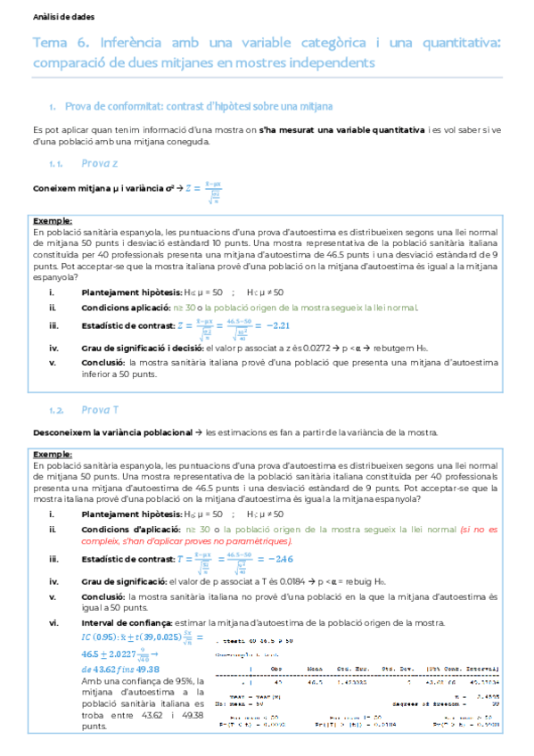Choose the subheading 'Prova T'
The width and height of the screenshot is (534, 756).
tap(100, 410)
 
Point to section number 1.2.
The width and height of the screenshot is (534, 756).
tap(58, 410)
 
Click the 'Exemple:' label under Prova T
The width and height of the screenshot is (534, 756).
tap(53, 455)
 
